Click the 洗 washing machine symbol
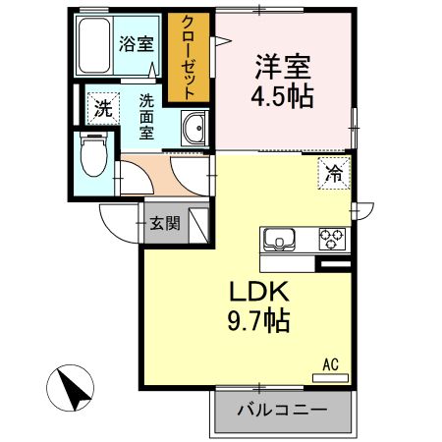coord(103,108)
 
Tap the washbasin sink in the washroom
coord(193,130)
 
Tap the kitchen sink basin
coord(276,240)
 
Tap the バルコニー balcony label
coord(282,411)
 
